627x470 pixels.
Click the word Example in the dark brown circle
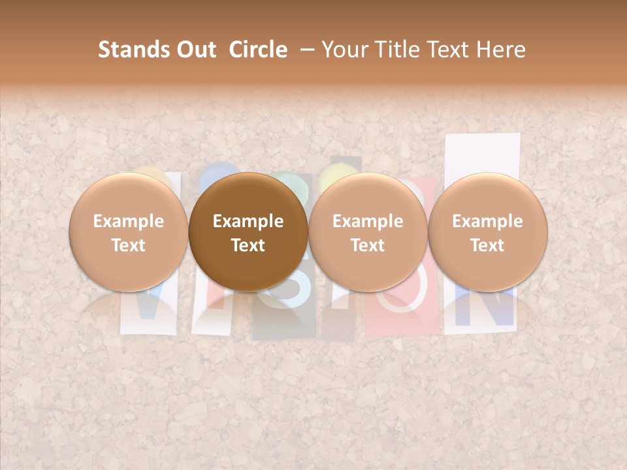pyautogui.click(x=248, y=221)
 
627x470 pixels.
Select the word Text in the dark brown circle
pyautogui.click(x=248, y=245)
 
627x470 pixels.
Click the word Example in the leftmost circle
pyautogui.click(x=129, y=221)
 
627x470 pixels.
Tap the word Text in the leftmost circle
pyautogui.click(x=129, y=245)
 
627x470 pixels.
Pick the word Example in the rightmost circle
pyautogui.click(x=487, y=221)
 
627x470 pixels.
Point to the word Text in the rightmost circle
pyautogui.click(x=487, y=245)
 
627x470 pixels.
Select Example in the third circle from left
pyautogui.click(x=368, y=221)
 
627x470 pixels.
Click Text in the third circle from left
pyautogui.click(x=368, y=245)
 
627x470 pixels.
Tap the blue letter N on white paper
pyautogui.click(x=483, y=307)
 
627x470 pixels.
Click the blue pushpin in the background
pyautogui.click(x=219, y=173)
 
